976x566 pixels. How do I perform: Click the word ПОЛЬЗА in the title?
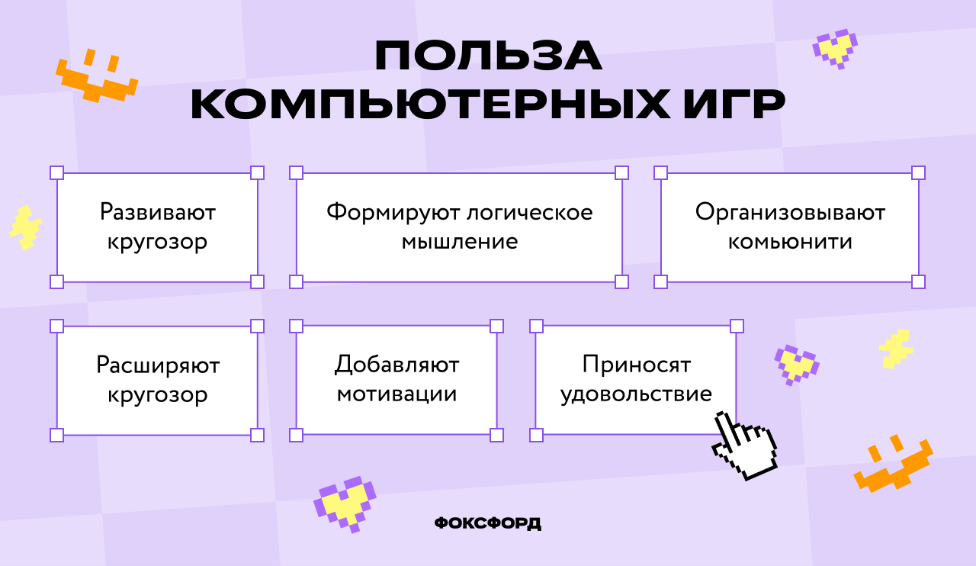tap(488, 56)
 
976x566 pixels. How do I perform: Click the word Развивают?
tap(158, 212)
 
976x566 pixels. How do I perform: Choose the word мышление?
tap(459, 242)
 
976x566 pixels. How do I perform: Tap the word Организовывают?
tap(790, 212)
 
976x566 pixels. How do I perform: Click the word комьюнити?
tap(790, 242)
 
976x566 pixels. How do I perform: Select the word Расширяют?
tap(158, 365)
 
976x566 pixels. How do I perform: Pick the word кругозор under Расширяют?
tap(158, 395)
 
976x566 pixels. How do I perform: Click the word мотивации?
tap(396, 395)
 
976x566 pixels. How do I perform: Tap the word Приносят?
tap(637, 365)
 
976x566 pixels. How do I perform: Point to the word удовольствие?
tap(637, 395)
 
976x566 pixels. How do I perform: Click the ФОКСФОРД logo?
tap(488, 523)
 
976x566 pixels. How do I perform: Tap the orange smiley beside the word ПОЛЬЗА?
tap(96, 77)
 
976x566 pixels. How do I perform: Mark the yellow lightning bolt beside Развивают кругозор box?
tap(26, 227)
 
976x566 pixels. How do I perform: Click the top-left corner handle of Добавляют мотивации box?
tap(297, 326)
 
